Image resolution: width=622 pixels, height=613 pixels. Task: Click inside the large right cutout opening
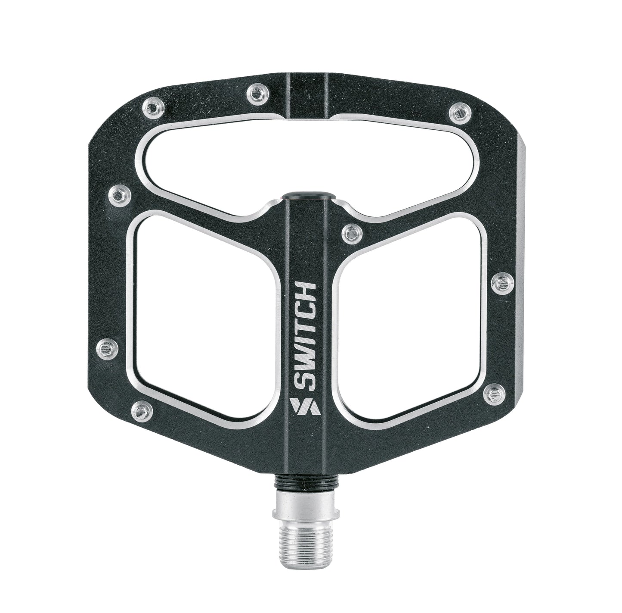(411, 317)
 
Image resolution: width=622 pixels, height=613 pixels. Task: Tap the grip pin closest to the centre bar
(351, 234)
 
